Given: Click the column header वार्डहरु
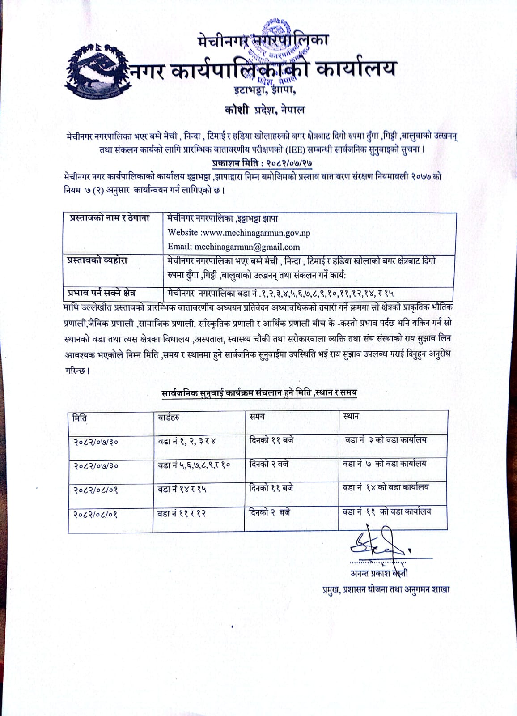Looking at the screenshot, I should pyautogui.click(x=169, y=418).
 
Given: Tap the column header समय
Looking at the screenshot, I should pyautogui.click(x=257, y=417).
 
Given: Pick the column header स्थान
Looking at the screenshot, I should pyautogui.click(x=351, y=416).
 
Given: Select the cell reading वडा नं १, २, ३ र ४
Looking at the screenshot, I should pyautogui.click(x=187, y=441).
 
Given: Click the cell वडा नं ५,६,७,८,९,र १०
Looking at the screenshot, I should pyautogui.click(x=194, y=465).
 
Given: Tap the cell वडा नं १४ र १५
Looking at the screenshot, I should pyautogui.click(x=182, y=489).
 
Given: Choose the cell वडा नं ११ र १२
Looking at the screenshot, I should pyautogui.click(x=182, y=513).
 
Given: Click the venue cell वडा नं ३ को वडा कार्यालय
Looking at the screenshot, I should pyautogui.click(x=386, y=440).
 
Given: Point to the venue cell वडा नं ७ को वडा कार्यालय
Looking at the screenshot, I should pyautogui.click(x=384, y=464).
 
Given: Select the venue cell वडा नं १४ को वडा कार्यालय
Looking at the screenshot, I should pyautogui.click(x=386, y=487).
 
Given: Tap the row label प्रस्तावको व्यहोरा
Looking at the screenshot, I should pyautogui.click(x=97, y=260).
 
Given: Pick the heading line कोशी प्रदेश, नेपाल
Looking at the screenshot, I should pyautogui.click(x=264, y=110).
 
